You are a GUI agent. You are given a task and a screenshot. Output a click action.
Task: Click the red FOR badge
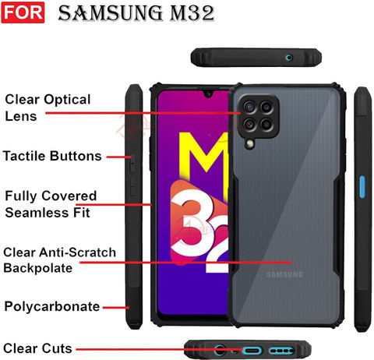[23, 12]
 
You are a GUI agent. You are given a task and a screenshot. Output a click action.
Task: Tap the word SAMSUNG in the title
[111, 13]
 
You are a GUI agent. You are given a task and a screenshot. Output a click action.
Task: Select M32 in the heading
[192, 13]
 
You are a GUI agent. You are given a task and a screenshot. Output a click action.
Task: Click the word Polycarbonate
[52, 307]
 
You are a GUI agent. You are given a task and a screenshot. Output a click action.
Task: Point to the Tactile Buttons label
[52, 156]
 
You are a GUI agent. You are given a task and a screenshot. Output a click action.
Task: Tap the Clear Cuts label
[37, 348]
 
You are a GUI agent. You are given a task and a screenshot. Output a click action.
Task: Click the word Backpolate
[38, 268]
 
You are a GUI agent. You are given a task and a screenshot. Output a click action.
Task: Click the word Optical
[67, 100]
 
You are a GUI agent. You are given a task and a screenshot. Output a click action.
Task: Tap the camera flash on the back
[250, 143]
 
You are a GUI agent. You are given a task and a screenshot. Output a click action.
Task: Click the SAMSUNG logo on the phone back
[284, 274]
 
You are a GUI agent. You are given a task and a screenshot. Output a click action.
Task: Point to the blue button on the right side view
[362, 187]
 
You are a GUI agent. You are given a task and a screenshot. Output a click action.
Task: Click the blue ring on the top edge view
[289, 58]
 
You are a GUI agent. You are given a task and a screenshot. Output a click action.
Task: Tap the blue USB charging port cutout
[252, 351]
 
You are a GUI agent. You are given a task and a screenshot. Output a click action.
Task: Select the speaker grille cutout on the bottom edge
[282, 351]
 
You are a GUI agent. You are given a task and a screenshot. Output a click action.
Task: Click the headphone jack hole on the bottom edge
[220, 351]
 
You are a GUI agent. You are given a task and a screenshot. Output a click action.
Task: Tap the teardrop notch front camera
[208, 94]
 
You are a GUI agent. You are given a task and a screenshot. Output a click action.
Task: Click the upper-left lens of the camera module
[249, 107]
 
